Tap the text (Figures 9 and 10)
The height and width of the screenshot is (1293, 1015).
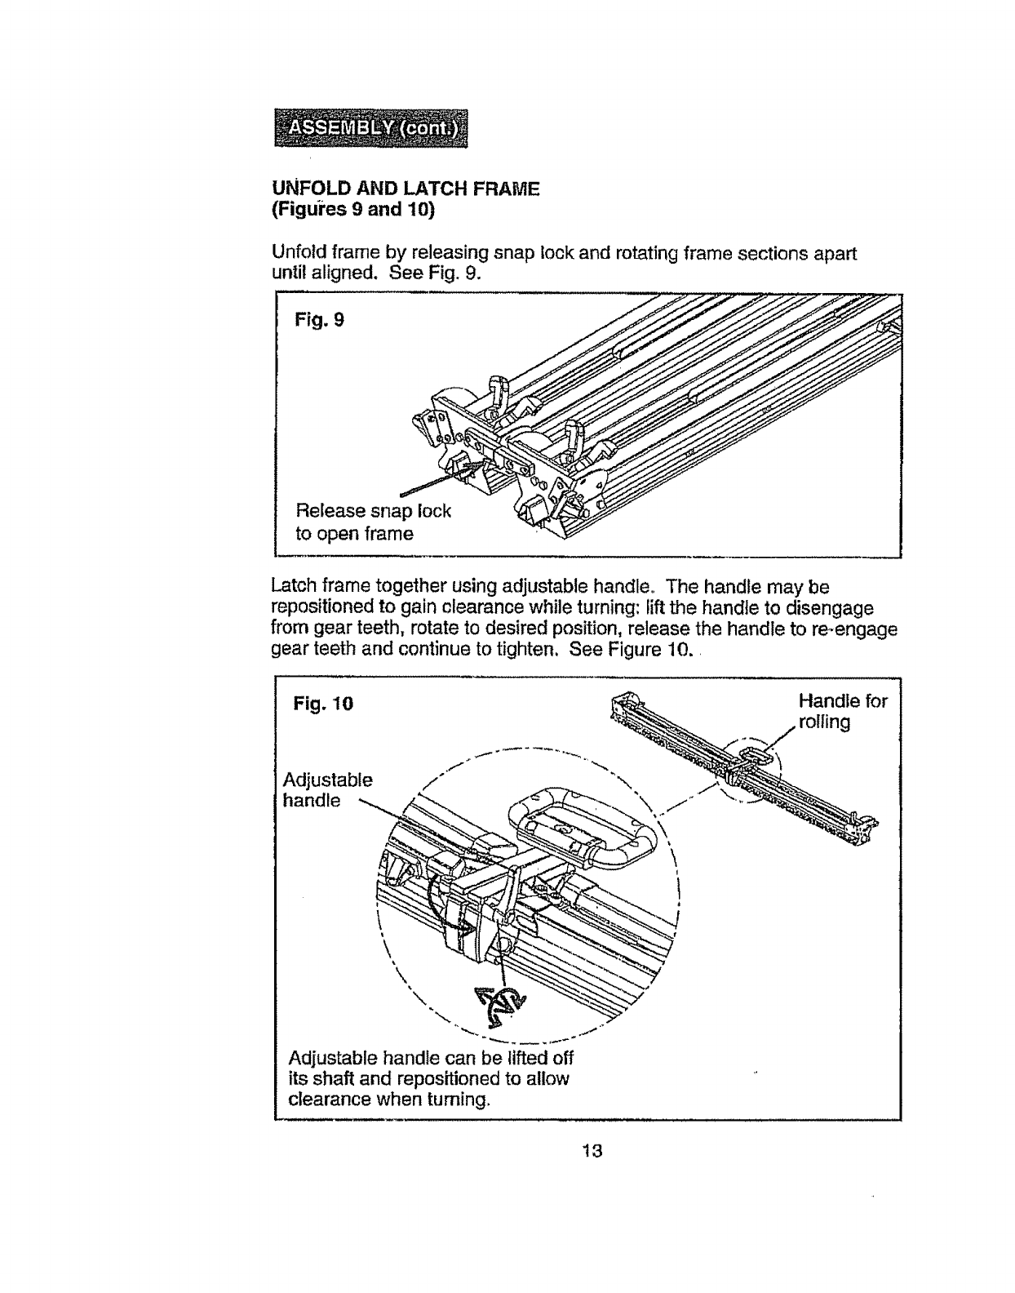353,210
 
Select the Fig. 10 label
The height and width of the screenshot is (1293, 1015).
324,703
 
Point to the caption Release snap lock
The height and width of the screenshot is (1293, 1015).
373,511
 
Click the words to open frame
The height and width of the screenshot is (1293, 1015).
354,534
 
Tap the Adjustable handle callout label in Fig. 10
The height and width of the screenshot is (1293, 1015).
326,789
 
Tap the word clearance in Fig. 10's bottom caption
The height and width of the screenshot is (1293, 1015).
330,1100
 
